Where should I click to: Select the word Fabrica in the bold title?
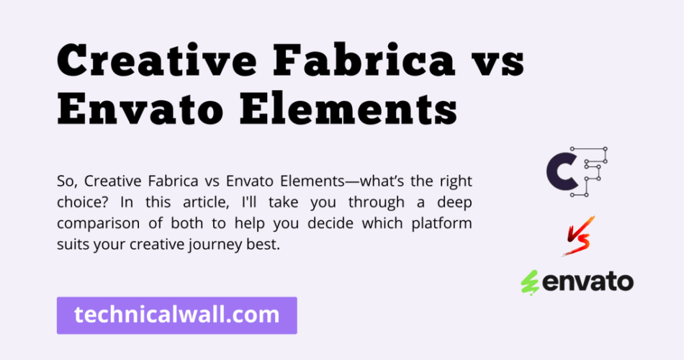tap(364, 60)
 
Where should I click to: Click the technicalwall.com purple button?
tap(176, 315)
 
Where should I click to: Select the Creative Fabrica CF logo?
tap(577, 171)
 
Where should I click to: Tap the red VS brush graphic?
tap(579, 236)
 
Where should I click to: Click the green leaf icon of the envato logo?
tap(530, 283)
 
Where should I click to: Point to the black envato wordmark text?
tap(588, 282)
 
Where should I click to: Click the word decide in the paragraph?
tap(328, 223)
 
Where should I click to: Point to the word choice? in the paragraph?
tap(84, 202)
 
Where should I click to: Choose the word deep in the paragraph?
tap(454, 203)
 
